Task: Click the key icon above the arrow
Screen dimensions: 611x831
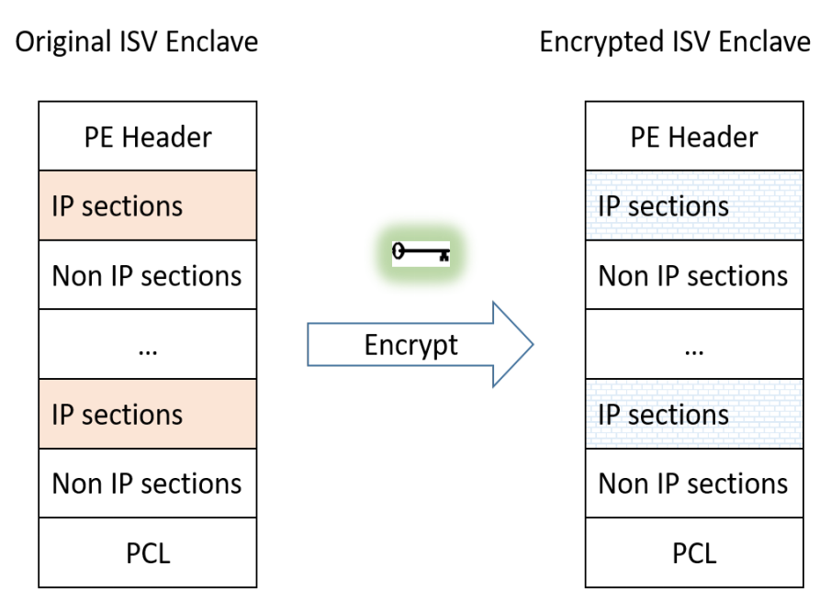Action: pos(421,252)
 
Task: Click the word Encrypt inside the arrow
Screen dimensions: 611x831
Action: pos(410,345)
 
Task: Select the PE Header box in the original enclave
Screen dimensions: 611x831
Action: pos(147,137)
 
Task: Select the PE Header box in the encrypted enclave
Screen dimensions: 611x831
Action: pos(693,137)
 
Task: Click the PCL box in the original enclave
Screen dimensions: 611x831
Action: pos(147,553)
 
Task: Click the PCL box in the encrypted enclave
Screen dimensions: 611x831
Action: pos(693,553)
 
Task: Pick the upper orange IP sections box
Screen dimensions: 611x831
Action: pos(147,206)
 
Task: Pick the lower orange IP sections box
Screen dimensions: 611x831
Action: pos(147,414)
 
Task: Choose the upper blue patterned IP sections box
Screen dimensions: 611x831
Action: pos(693,206)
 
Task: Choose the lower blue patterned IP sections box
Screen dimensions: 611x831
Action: pos(693,414)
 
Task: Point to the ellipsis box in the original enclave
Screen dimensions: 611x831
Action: pos(147,345)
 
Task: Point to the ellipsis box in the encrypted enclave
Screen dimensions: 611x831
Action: pos(693,345)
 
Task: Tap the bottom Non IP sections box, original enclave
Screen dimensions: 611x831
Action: pos(147,483)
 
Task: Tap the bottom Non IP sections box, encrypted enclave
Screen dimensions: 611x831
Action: pos(693,483)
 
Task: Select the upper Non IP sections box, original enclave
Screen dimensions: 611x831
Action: pos(147,275)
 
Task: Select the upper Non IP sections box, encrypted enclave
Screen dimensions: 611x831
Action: pos(693,275)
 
